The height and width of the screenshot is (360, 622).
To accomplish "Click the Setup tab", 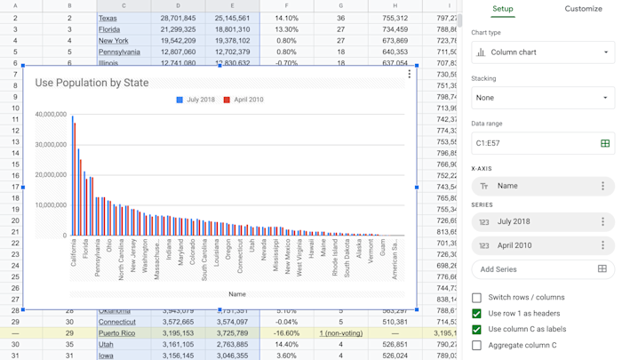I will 503,9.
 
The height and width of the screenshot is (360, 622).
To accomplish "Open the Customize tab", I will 583,9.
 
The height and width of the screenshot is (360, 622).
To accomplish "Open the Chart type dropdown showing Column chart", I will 543,52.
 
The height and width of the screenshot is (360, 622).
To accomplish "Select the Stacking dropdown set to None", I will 543,98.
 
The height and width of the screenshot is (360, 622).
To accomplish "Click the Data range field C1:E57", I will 533,143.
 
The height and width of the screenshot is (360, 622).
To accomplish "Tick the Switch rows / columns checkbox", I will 477,298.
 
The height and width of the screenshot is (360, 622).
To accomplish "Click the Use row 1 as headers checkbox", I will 477,314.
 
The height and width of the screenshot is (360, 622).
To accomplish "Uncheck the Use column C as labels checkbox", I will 477,330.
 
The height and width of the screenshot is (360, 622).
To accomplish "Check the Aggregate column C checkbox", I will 477,345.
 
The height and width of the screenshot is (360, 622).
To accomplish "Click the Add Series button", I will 499,269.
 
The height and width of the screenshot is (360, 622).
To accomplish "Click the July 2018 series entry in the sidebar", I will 533,222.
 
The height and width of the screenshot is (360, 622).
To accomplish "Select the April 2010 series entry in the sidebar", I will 533,245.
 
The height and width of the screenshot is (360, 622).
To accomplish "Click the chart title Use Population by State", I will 92,83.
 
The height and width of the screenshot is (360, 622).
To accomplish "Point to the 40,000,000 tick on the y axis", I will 51,115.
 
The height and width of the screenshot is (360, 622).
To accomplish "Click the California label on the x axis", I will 74,253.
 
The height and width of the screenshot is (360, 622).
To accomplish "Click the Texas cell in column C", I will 108,18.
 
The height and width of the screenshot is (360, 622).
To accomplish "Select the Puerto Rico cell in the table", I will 117,333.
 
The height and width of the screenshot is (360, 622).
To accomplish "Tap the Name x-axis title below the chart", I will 237,294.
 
